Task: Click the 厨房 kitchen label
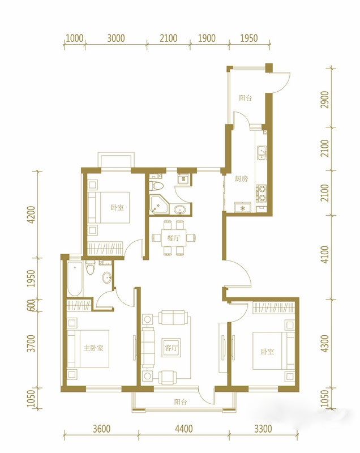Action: [241, 179]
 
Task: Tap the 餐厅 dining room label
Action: [174, 238]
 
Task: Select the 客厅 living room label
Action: [171, 348]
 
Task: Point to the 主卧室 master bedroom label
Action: [93, 348]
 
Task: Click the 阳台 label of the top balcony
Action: [246, 98]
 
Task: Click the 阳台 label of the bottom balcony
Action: [181, 402]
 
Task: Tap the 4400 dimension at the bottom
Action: [184, 429]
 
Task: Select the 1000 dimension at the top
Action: [75, 38]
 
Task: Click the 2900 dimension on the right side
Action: [325, 100]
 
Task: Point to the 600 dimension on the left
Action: [32, 305]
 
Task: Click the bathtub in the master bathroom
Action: [75, 279]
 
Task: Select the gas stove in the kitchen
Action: [262, 194]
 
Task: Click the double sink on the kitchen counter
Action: [262, 153]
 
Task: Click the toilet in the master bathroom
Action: [91, 267]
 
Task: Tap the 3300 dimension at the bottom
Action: [263, 429]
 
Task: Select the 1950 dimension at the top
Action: [249, 38]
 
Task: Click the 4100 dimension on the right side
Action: [325, 254]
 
